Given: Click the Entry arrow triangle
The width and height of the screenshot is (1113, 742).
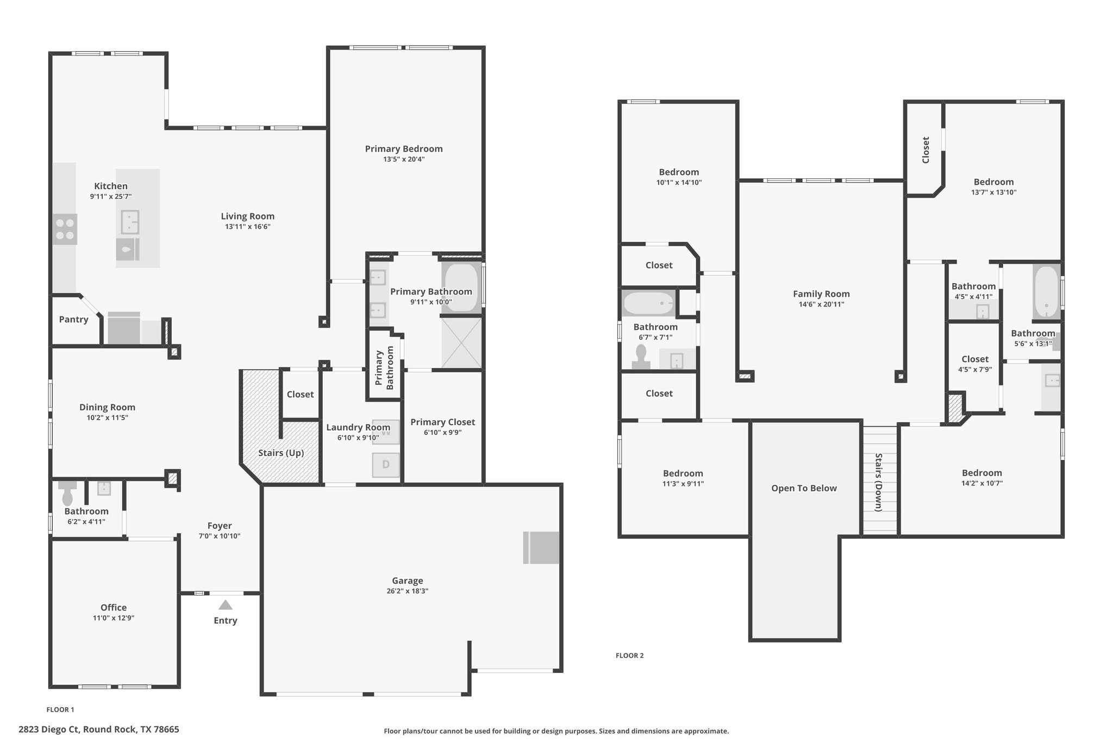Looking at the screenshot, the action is (226, 605).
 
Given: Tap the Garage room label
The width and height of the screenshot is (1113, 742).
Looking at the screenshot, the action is (408, 581).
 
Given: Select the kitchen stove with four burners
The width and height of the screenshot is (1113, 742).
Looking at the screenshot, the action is (65, 229).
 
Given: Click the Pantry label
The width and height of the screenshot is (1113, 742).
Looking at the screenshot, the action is (73, 320).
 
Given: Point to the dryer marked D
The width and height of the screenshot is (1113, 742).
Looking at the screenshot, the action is (386, 465).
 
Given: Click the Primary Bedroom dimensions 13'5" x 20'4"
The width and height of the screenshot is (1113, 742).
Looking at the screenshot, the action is (404, 159).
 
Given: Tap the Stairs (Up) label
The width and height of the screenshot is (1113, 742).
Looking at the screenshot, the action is (281, 453).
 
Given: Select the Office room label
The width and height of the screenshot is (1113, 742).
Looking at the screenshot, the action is (114, 608).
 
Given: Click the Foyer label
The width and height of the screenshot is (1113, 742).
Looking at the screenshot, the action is (220, 526).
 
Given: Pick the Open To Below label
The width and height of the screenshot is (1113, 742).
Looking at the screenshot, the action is (804, 488).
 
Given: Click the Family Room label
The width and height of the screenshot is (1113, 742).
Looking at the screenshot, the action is (821, 294).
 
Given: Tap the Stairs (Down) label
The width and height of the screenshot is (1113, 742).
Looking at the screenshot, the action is (878, 482).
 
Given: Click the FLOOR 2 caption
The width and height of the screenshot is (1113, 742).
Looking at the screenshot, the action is (630, 656).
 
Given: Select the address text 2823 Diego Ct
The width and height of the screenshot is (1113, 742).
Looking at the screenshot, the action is (49, 729).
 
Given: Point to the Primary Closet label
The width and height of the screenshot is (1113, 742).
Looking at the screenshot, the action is (442, 422).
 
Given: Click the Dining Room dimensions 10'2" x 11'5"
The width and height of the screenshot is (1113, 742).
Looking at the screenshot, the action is (107, 417).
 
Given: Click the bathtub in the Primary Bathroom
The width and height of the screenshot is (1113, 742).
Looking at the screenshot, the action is (461, 288).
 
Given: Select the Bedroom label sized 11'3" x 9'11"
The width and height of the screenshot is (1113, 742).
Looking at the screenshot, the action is (683, 473).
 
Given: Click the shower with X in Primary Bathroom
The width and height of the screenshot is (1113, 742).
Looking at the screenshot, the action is (461, 343).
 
